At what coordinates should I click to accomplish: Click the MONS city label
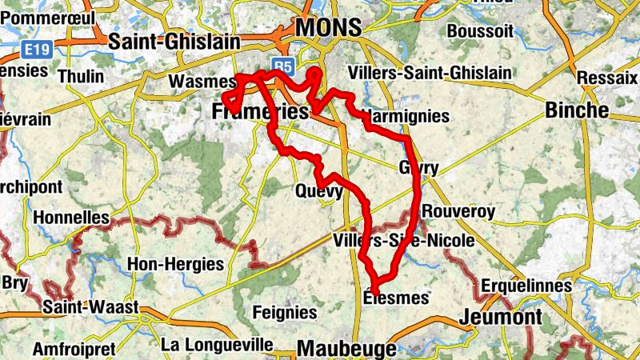(328, 26)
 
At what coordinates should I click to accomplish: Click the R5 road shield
(282, 64)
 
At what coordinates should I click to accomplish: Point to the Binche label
(577, 110)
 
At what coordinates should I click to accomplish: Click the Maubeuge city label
(346, 349)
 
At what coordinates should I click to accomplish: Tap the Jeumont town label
(501, 317)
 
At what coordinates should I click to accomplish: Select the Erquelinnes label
(526, 286)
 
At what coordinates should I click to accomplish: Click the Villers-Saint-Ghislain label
(430, 73)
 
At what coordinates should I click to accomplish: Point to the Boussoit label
(479, 30)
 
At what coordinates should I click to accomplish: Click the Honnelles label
(72, 218)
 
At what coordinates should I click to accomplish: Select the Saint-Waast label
(91, 306)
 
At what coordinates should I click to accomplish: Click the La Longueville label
(217, 345)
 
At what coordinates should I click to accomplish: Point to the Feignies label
(284, 311)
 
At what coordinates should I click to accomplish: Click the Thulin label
(81, 77)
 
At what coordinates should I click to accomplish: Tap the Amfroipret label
(74, 349)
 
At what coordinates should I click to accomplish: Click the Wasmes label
(201, 81)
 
